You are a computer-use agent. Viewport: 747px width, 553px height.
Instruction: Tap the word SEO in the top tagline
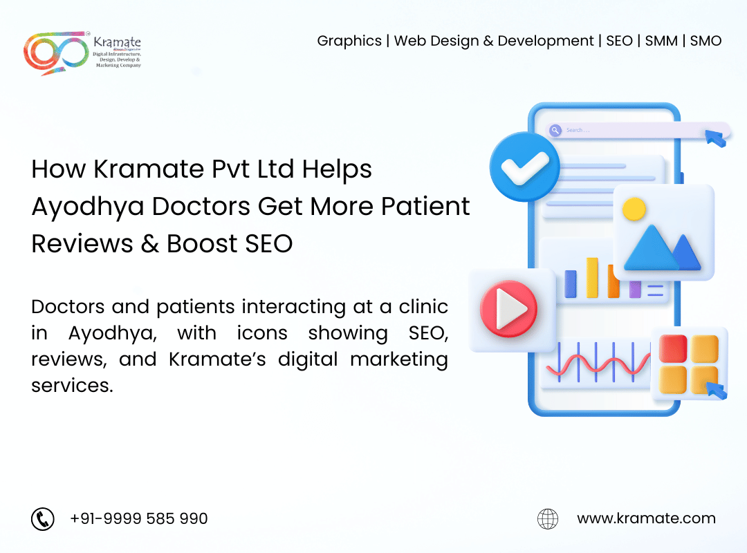619,41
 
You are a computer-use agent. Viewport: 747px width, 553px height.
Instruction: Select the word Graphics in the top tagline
349,41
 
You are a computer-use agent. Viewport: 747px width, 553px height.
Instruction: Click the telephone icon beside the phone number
43,518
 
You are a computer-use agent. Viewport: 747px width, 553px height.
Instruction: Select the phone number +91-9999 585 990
138,518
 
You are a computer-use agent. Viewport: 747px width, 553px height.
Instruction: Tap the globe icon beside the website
548,518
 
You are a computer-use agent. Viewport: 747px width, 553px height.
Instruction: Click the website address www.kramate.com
646,518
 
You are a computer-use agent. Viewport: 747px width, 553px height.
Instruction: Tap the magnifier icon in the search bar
555,130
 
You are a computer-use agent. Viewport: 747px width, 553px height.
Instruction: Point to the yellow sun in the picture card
634,209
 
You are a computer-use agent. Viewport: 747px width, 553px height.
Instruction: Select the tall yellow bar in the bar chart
592,278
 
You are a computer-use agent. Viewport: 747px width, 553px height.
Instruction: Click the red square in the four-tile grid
672,348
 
